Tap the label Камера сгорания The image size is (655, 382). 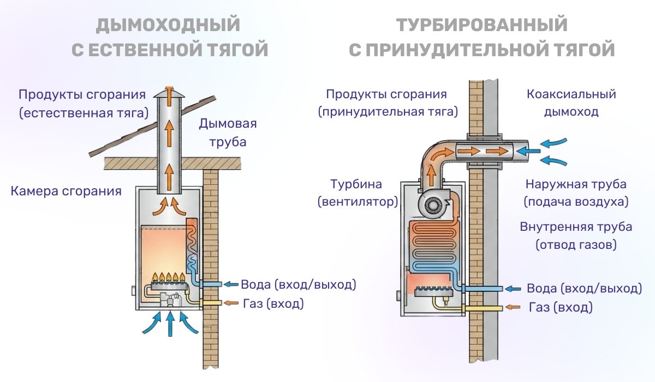pos(66,191)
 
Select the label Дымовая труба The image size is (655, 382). pos(228,133)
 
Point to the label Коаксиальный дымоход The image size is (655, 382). pos(571,103)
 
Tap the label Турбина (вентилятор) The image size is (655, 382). pos(358,193)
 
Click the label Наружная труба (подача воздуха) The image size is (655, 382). pos(576,193)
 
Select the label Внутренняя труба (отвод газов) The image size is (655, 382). pos(576,235)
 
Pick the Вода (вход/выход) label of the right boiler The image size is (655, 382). pos(584,288)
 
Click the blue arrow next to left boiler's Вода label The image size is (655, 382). pos(231,284)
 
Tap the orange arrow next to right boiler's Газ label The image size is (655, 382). pos(513,308)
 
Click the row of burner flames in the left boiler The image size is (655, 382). pos(169,277)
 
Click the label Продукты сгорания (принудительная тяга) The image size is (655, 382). pos(387,103)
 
